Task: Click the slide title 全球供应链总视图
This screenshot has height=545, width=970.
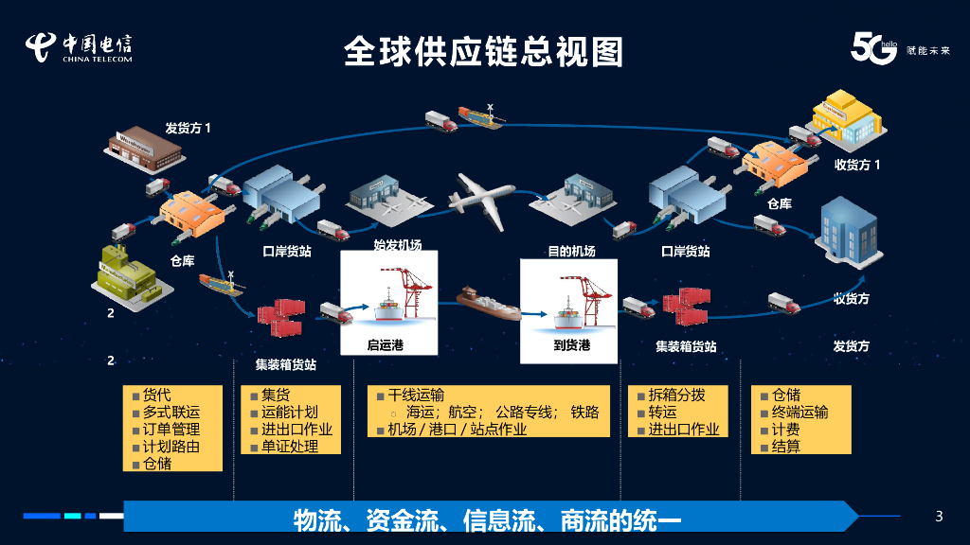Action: click(483, 51)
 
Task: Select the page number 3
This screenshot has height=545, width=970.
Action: click(939, 516)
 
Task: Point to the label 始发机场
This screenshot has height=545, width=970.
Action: click(398, 245)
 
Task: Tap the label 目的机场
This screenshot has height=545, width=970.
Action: click(571, 252)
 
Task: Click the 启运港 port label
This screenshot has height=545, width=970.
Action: click(386, 345)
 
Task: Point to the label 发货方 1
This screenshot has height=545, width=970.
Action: click(189, 128)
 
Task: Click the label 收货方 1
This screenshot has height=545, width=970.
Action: click(857, 165)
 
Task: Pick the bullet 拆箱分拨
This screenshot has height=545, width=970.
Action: click(676, 396)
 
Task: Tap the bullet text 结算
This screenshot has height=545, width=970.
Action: click(786, 446)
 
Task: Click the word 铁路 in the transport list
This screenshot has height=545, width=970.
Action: click(584, 413)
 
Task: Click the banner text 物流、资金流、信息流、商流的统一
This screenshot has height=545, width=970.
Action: click(488, 519)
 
